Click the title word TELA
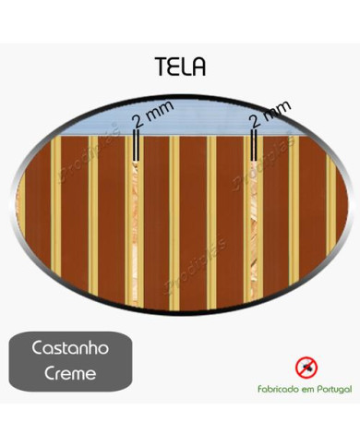click(x=180, y=68)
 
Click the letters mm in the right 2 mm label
click(x=275, y=110)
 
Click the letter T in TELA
click(x=161, y=68)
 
